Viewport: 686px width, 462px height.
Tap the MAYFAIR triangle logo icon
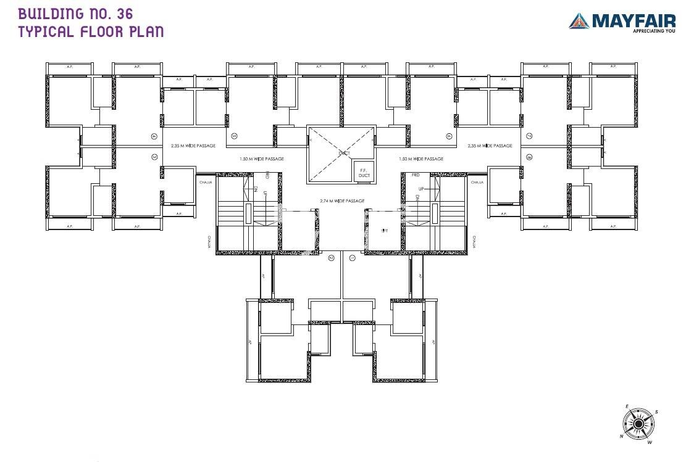coord(579,21)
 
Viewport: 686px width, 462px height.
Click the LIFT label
coord(384,230)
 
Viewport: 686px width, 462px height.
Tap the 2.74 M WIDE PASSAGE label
coord(342,201)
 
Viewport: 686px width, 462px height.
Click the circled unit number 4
coord(154,136)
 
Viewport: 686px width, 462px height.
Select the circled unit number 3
coord(154,157)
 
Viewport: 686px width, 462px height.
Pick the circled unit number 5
coord(234,136)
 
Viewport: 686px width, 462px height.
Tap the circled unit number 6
coord(450,136)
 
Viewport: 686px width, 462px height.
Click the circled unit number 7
coord(529,136)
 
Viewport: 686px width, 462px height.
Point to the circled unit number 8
coord(529,157)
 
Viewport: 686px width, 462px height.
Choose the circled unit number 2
coord(332,258)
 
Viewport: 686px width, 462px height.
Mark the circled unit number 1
coord(352,258)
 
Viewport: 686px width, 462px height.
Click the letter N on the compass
coord(622,436)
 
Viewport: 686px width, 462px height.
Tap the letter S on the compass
coord(656,411)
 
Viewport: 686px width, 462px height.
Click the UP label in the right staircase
coord(421,189)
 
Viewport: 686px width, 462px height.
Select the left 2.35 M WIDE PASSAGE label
coord(193,146)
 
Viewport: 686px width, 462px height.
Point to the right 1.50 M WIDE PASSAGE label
coord(422,159)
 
